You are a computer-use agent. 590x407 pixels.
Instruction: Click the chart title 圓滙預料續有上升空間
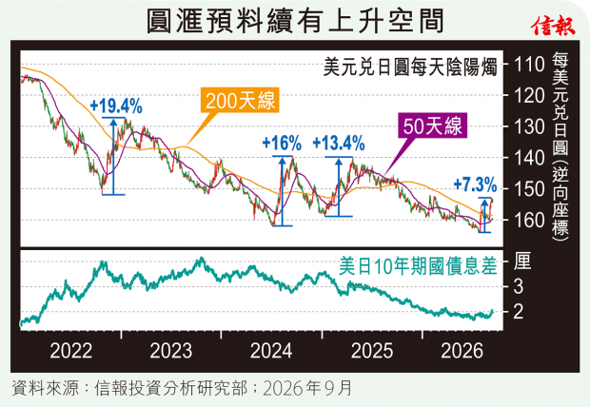tap(295, 21)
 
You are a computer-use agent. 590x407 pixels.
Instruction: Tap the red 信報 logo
tap(553, 26)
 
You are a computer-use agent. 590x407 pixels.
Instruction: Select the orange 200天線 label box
tap(240, 100)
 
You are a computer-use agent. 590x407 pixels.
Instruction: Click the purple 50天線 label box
tap(432, 126)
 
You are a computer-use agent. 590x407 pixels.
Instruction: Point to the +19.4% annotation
tap(116, 107)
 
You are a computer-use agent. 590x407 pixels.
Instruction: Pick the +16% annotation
tap(282, 144)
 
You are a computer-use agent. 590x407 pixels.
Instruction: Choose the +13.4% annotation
tap(339, 144)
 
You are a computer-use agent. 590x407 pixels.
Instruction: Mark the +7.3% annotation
tap(475, 184)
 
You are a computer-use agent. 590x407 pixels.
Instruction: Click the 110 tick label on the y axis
tap(529, 65)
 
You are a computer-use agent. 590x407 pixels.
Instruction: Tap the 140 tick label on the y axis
tap(529, 158)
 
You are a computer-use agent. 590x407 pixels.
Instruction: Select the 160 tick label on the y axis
tap(529, 221)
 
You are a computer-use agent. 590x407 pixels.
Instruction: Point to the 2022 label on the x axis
tap(71, 351)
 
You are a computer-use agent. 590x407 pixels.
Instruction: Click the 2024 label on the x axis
tap(271, 351)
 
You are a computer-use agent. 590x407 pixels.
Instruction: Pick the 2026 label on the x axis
tap(462, 351)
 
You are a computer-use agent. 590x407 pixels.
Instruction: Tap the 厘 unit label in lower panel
tap(523, 262)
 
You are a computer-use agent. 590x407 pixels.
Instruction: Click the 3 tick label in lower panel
tap(519, 286)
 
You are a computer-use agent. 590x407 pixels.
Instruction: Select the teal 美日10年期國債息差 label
tap(418, 266)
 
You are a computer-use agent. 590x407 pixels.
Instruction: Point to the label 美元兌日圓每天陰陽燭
tap(410, 68)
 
